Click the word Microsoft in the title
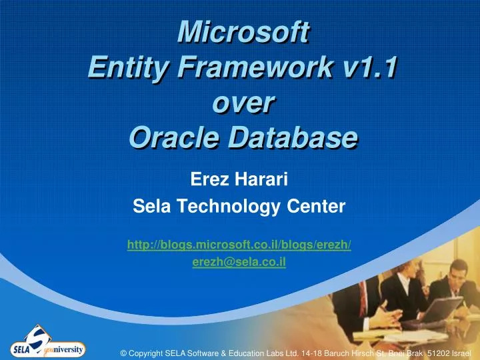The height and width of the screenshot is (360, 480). coord(240,31)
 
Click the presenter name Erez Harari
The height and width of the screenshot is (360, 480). coord(239,178)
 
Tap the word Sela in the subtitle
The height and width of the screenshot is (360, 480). coord(152,208)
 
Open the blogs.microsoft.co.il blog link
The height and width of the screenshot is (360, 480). coord(239,245)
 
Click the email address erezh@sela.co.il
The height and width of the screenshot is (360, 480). coord(239,262)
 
